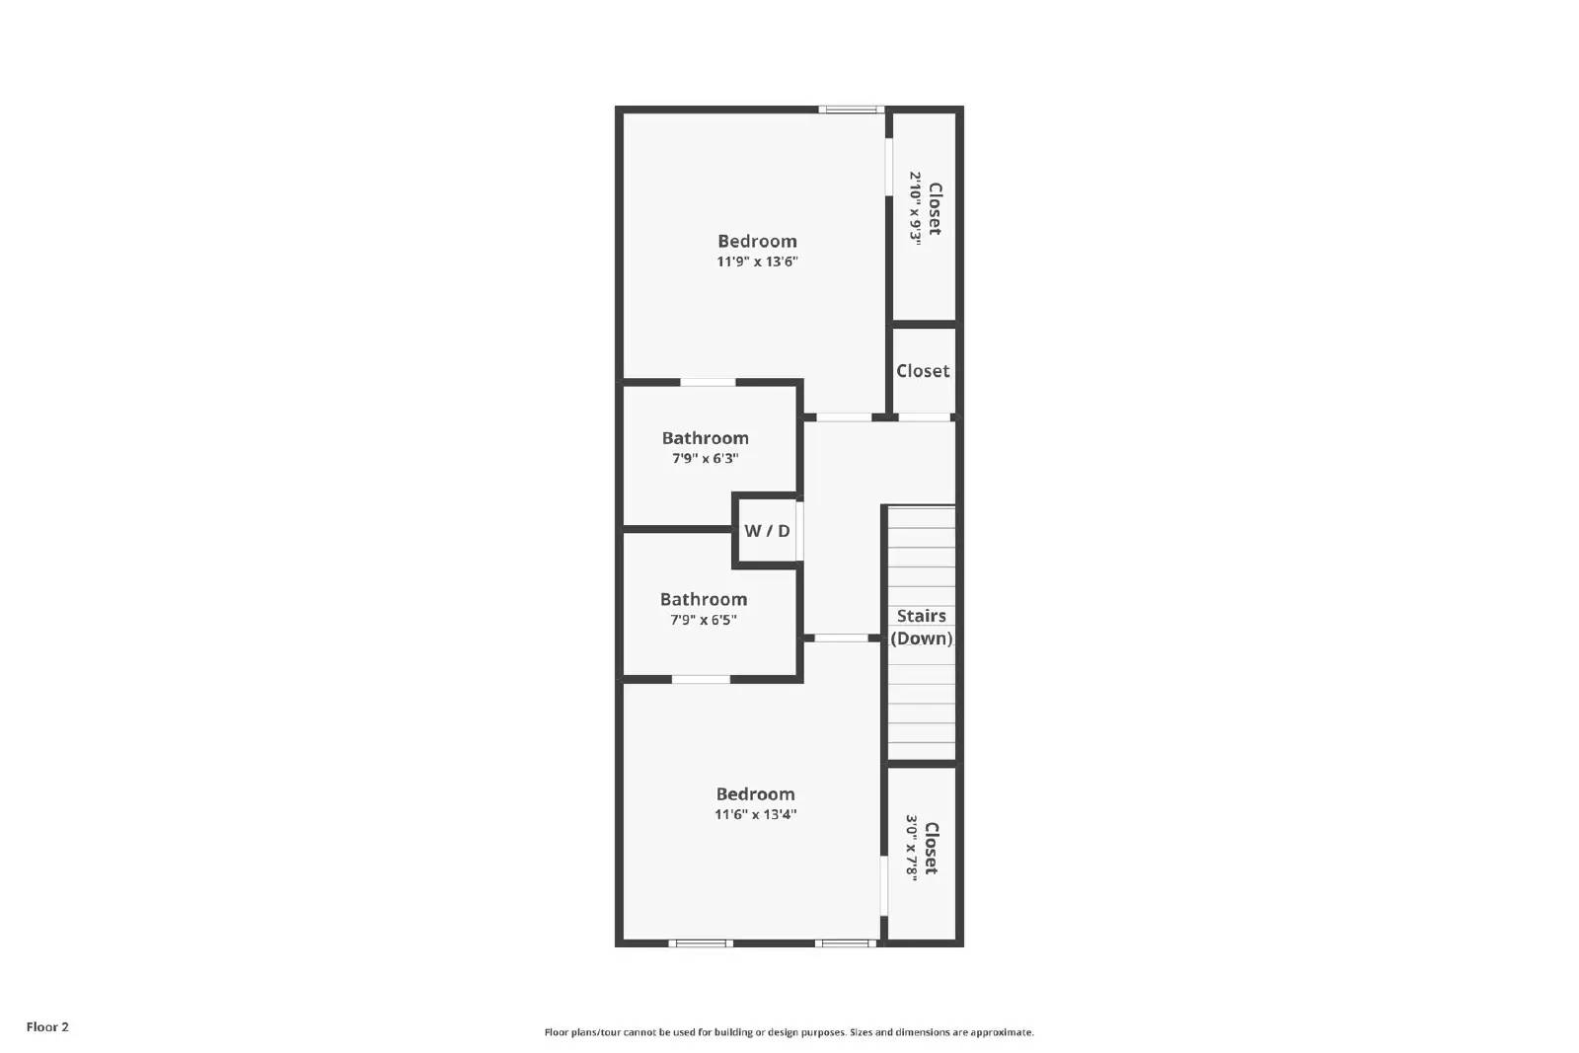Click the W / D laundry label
(767, 531)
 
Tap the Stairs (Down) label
(922, 627)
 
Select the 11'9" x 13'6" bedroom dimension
(757, 262)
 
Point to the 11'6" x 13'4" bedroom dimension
(756, 814)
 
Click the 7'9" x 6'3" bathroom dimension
(705, 458)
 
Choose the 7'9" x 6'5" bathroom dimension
(704, 620)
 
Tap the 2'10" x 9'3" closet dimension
(915, 208)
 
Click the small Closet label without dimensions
(923, 371)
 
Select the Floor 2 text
(47, 1027)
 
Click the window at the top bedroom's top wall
(851, 109)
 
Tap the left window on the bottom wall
(701, 943)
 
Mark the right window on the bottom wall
(846, 943)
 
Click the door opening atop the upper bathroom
(708, 382)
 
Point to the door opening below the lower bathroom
(701, 679)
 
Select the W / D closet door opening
(799, 531)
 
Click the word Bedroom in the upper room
(757, 241)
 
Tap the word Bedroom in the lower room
(756, 794)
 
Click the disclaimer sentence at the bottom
(789, 1032)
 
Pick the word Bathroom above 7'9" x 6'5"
(704, 599)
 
